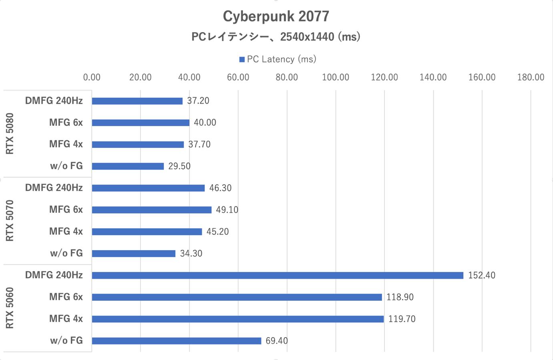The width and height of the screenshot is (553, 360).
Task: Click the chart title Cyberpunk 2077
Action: tap(276, 16)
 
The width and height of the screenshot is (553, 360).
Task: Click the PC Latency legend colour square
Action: tap(242, 60)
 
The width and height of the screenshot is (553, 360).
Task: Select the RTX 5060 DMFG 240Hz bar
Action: tap(277, 276)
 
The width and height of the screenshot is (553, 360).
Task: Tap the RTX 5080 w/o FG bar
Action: tap(128, 166)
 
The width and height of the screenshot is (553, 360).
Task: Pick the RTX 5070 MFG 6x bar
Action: tap(151, 210)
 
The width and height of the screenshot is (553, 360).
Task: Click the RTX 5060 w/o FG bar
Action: tap(176, 341)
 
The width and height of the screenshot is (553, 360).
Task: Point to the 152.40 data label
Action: tap(481, 276)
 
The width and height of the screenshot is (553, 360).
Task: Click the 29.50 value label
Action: tap(179, 166)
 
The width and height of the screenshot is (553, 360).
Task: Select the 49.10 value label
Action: tap(227, 210)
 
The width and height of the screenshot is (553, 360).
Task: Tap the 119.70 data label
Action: tap(402, 319)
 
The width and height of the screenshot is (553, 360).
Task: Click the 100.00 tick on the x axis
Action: tap(336, 77)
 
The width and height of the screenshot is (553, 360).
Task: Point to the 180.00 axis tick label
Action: tap(531, 77)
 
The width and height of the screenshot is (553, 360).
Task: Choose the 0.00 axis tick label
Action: tap(92, 77)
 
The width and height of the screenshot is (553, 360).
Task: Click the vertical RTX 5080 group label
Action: tap(10, 133)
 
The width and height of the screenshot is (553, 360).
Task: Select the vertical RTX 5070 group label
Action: tap(10, 221)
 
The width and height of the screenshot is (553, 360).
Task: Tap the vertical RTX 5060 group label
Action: tap(10, 308)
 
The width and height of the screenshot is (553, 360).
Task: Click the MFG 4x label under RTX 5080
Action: tap(66, 144)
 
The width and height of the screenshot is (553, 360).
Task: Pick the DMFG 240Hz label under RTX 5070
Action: tap(54, 188)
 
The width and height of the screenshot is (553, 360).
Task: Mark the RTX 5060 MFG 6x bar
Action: tap(237, 297)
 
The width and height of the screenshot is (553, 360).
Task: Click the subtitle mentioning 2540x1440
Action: tap(276, 37)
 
